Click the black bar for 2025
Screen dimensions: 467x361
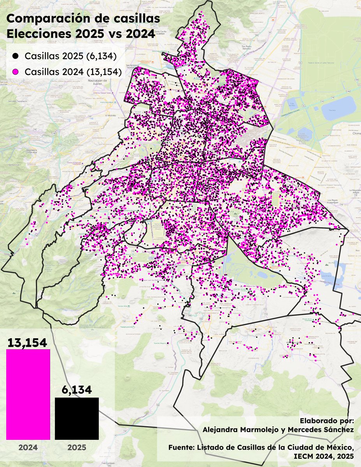(x=77, y=418)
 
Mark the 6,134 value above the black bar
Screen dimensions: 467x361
(x=77, y=390)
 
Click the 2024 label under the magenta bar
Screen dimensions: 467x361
(x=28, y=448)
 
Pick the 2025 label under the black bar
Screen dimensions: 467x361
(x=77, y=448)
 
